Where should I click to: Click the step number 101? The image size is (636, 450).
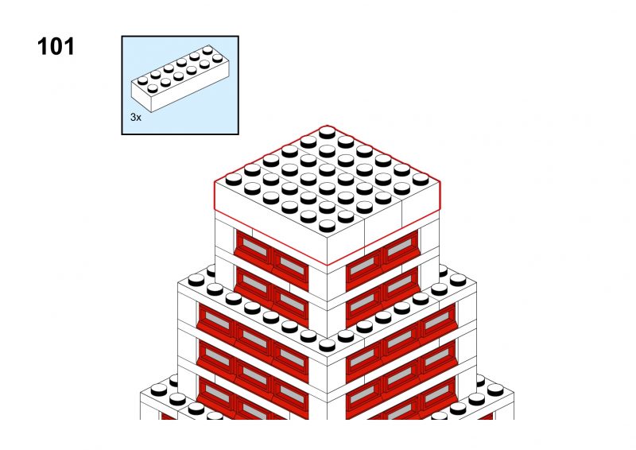[56, 47]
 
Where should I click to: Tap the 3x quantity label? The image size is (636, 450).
[135, 117]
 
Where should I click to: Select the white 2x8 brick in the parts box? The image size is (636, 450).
[180, 79]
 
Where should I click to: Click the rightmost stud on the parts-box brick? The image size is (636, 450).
[217, 58]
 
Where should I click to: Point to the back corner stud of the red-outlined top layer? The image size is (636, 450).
[327, 132]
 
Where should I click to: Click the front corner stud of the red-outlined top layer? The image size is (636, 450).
[327, 226]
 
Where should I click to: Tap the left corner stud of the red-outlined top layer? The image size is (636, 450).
[234, 179]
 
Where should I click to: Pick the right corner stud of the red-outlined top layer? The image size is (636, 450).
[421, 179]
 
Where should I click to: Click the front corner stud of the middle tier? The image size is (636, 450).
[327, 345]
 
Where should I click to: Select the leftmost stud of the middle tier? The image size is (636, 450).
[196, 280]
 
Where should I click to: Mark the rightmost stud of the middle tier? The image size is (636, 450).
[458, 280]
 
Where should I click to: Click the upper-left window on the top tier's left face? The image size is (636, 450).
[254, 246]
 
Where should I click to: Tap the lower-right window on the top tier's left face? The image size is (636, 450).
[291, 301]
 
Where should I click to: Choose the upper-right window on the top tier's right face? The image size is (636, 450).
[401, 246]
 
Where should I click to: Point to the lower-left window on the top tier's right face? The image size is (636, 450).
[363, 301]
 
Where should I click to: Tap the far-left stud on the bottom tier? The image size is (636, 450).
[159, 390]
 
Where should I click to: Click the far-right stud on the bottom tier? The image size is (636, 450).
[495, 390]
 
